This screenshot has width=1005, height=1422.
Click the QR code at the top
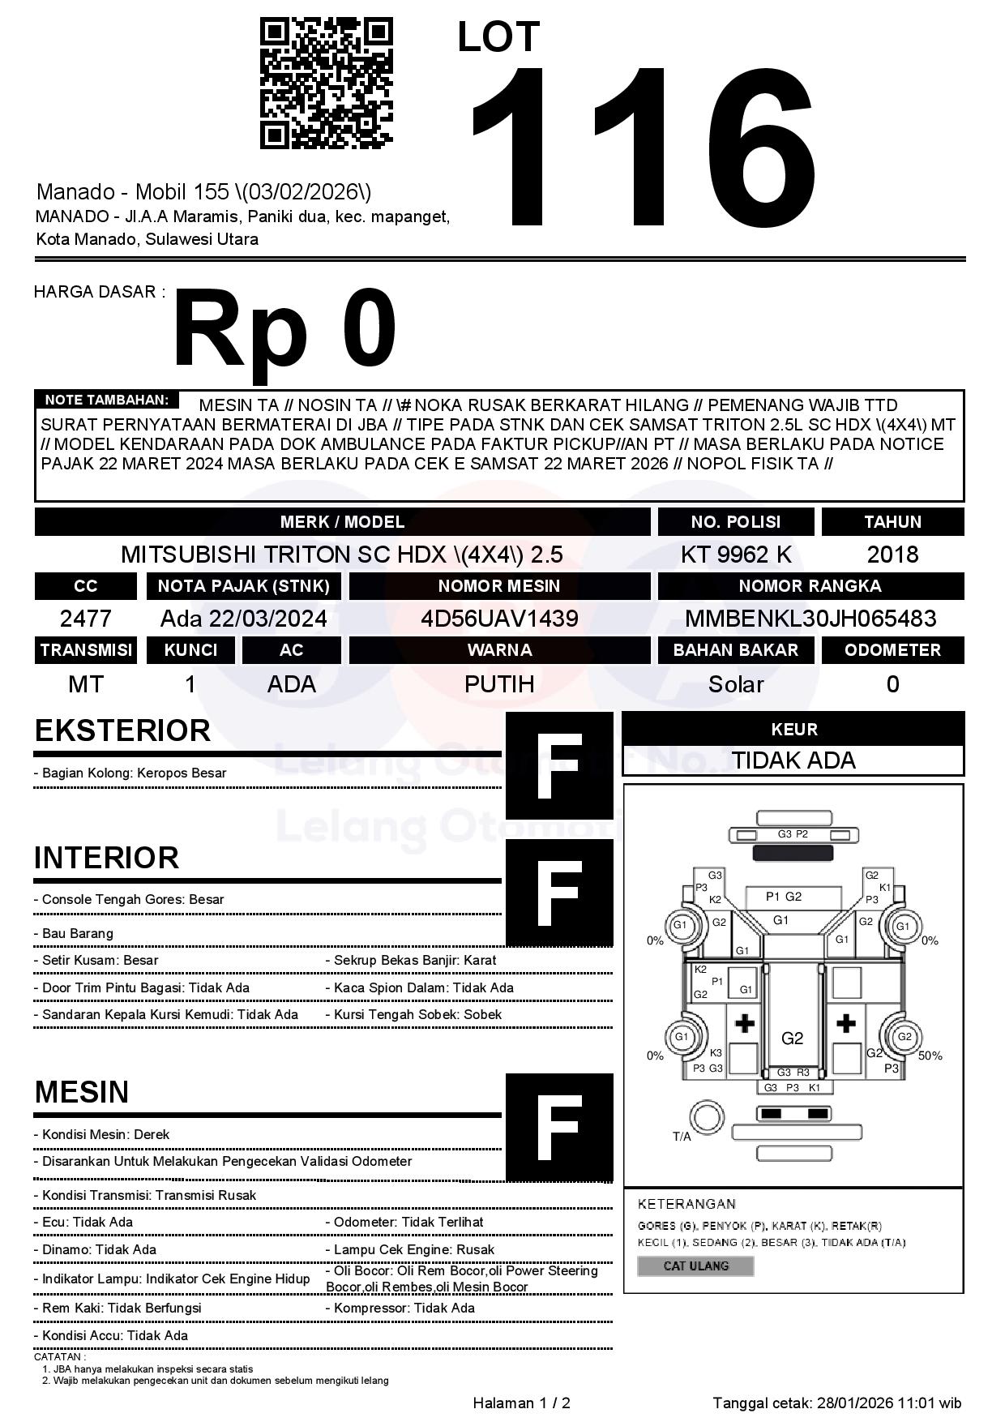(x=326, y=84)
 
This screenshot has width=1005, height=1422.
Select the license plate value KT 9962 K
(x=736, y=555)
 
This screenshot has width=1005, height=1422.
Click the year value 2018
(x=892, y=555)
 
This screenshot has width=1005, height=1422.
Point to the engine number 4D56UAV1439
(x=499, y=619)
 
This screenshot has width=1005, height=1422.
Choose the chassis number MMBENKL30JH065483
(x=810, y=619)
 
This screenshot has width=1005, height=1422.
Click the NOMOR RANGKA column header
(x=810, y=586)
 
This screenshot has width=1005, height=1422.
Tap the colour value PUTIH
(x=499, y=684)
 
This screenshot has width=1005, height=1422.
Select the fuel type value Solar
(x=736, y=684)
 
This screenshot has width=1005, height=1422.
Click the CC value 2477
(x=86, y=619)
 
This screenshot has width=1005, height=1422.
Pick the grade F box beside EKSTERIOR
(x=559, y=766)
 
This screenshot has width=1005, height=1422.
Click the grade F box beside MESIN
(x=559, y=1127)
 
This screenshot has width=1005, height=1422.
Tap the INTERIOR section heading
(x=106, y=858)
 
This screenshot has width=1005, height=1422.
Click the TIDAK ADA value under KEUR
(x=793, y=760)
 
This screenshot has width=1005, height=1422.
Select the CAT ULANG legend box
(x=695, y=1266)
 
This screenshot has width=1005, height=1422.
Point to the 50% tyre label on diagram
(x=930, y=1056)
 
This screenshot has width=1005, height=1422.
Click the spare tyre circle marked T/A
(x=706, y=1118)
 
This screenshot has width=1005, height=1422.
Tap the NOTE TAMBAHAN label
(x=106, y=400)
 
